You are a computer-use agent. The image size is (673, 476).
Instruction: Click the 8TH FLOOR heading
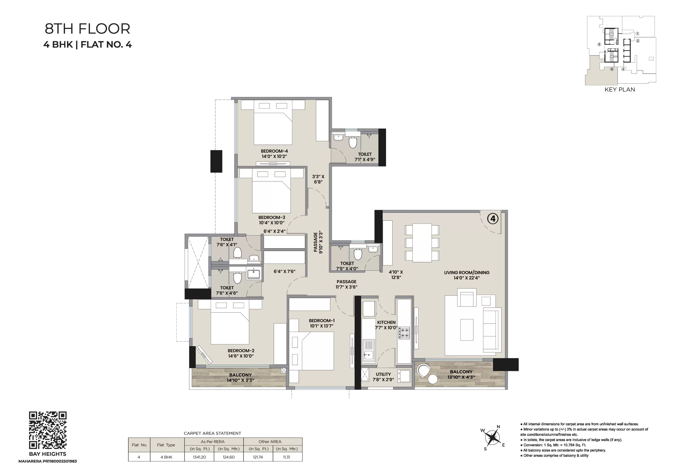87,29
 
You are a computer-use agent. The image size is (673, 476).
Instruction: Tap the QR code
48,430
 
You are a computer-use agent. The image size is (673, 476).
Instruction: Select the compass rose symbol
492,438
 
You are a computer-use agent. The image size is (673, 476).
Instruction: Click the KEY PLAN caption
620,89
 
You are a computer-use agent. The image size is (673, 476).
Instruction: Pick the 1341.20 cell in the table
199,457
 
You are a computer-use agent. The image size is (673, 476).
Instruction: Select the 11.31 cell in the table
287,457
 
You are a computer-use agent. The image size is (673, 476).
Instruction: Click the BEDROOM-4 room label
274,151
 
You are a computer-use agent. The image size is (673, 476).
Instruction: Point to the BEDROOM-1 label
322,321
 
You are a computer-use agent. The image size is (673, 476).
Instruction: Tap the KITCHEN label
386,322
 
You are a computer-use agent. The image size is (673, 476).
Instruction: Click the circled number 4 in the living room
493,219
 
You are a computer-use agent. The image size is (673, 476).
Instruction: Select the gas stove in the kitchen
403,333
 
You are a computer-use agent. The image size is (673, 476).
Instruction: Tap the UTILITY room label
383,374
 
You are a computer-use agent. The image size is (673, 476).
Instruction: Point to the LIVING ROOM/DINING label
467,272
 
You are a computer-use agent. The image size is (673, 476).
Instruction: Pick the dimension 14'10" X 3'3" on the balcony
240,380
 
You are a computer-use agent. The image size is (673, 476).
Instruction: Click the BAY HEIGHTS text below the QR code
48,454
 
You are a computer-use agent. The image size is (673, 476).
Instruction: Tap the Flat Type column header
166,445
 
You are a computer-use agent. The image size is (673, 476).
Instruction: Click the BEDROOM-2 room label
241,351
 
